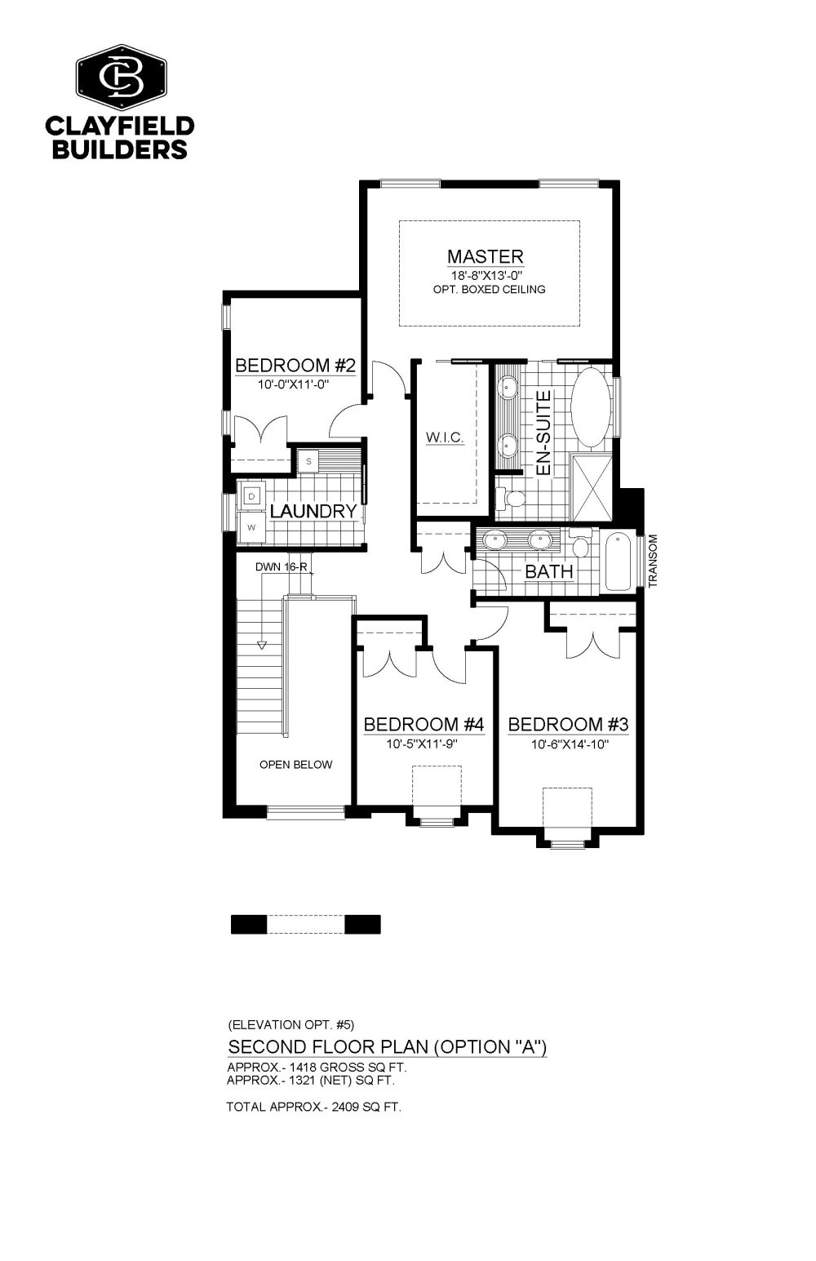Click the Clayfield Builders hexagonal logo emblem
click(122, 78)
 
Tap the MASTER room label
click(485, 257)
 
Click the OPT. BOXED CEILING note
click(489, 290)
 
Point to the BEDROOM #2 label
click(295, 366)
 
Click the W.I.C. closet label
click(445, 437)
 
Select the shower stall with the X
click(592, 487)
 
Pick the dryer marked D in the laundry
click(251, 496)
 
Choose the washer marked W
click(251, 527)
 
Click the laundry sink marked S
click(308, 461)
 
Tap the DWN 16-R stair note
click(282, 566)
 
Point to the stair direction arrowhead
click(262, 646)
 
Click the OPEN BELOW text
click(295, 765)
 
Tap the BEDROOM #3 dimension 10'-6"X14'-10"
click(570, 744)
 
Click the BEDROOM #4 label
click(424, 724)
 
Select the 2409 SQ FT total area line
click(314, 1107)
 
